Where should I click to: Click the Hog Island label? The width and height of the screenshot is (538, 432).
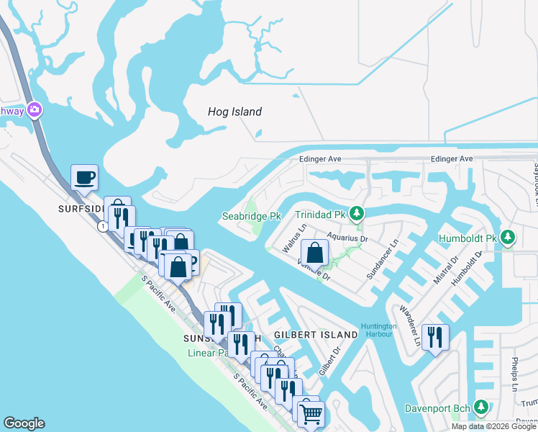tap(234, 112)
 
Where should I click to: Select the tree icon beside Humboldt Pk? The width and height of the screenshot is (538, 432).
tap(508, 236)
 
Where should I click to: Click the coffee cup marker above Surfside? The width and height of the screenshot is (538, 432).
tap(83, 177)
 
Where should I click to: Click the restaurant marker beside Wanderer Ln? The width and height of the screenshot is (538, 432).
tap(434, 336)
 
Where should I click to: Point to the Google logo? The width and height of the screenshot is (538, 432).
tap(24, 423)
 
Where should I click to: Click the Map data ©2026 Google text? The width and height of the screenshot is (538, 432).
tap(493, 426)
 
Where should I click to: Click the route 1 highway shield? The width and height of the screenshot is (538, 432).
tap(104, 226)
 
